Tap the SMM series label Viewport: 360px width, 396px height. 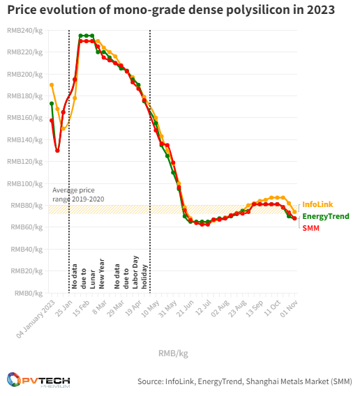[x=310, y=228]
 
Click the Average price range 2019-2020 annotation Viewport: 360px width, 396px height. [x=74, y=195]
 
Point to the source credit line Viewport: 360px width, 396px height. [x=244, y=381]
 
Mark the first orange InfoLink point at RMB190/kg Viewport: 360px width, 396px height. [x=52, y=85]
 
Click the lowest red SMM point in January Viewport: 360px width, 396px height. [x=58, y=151]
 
